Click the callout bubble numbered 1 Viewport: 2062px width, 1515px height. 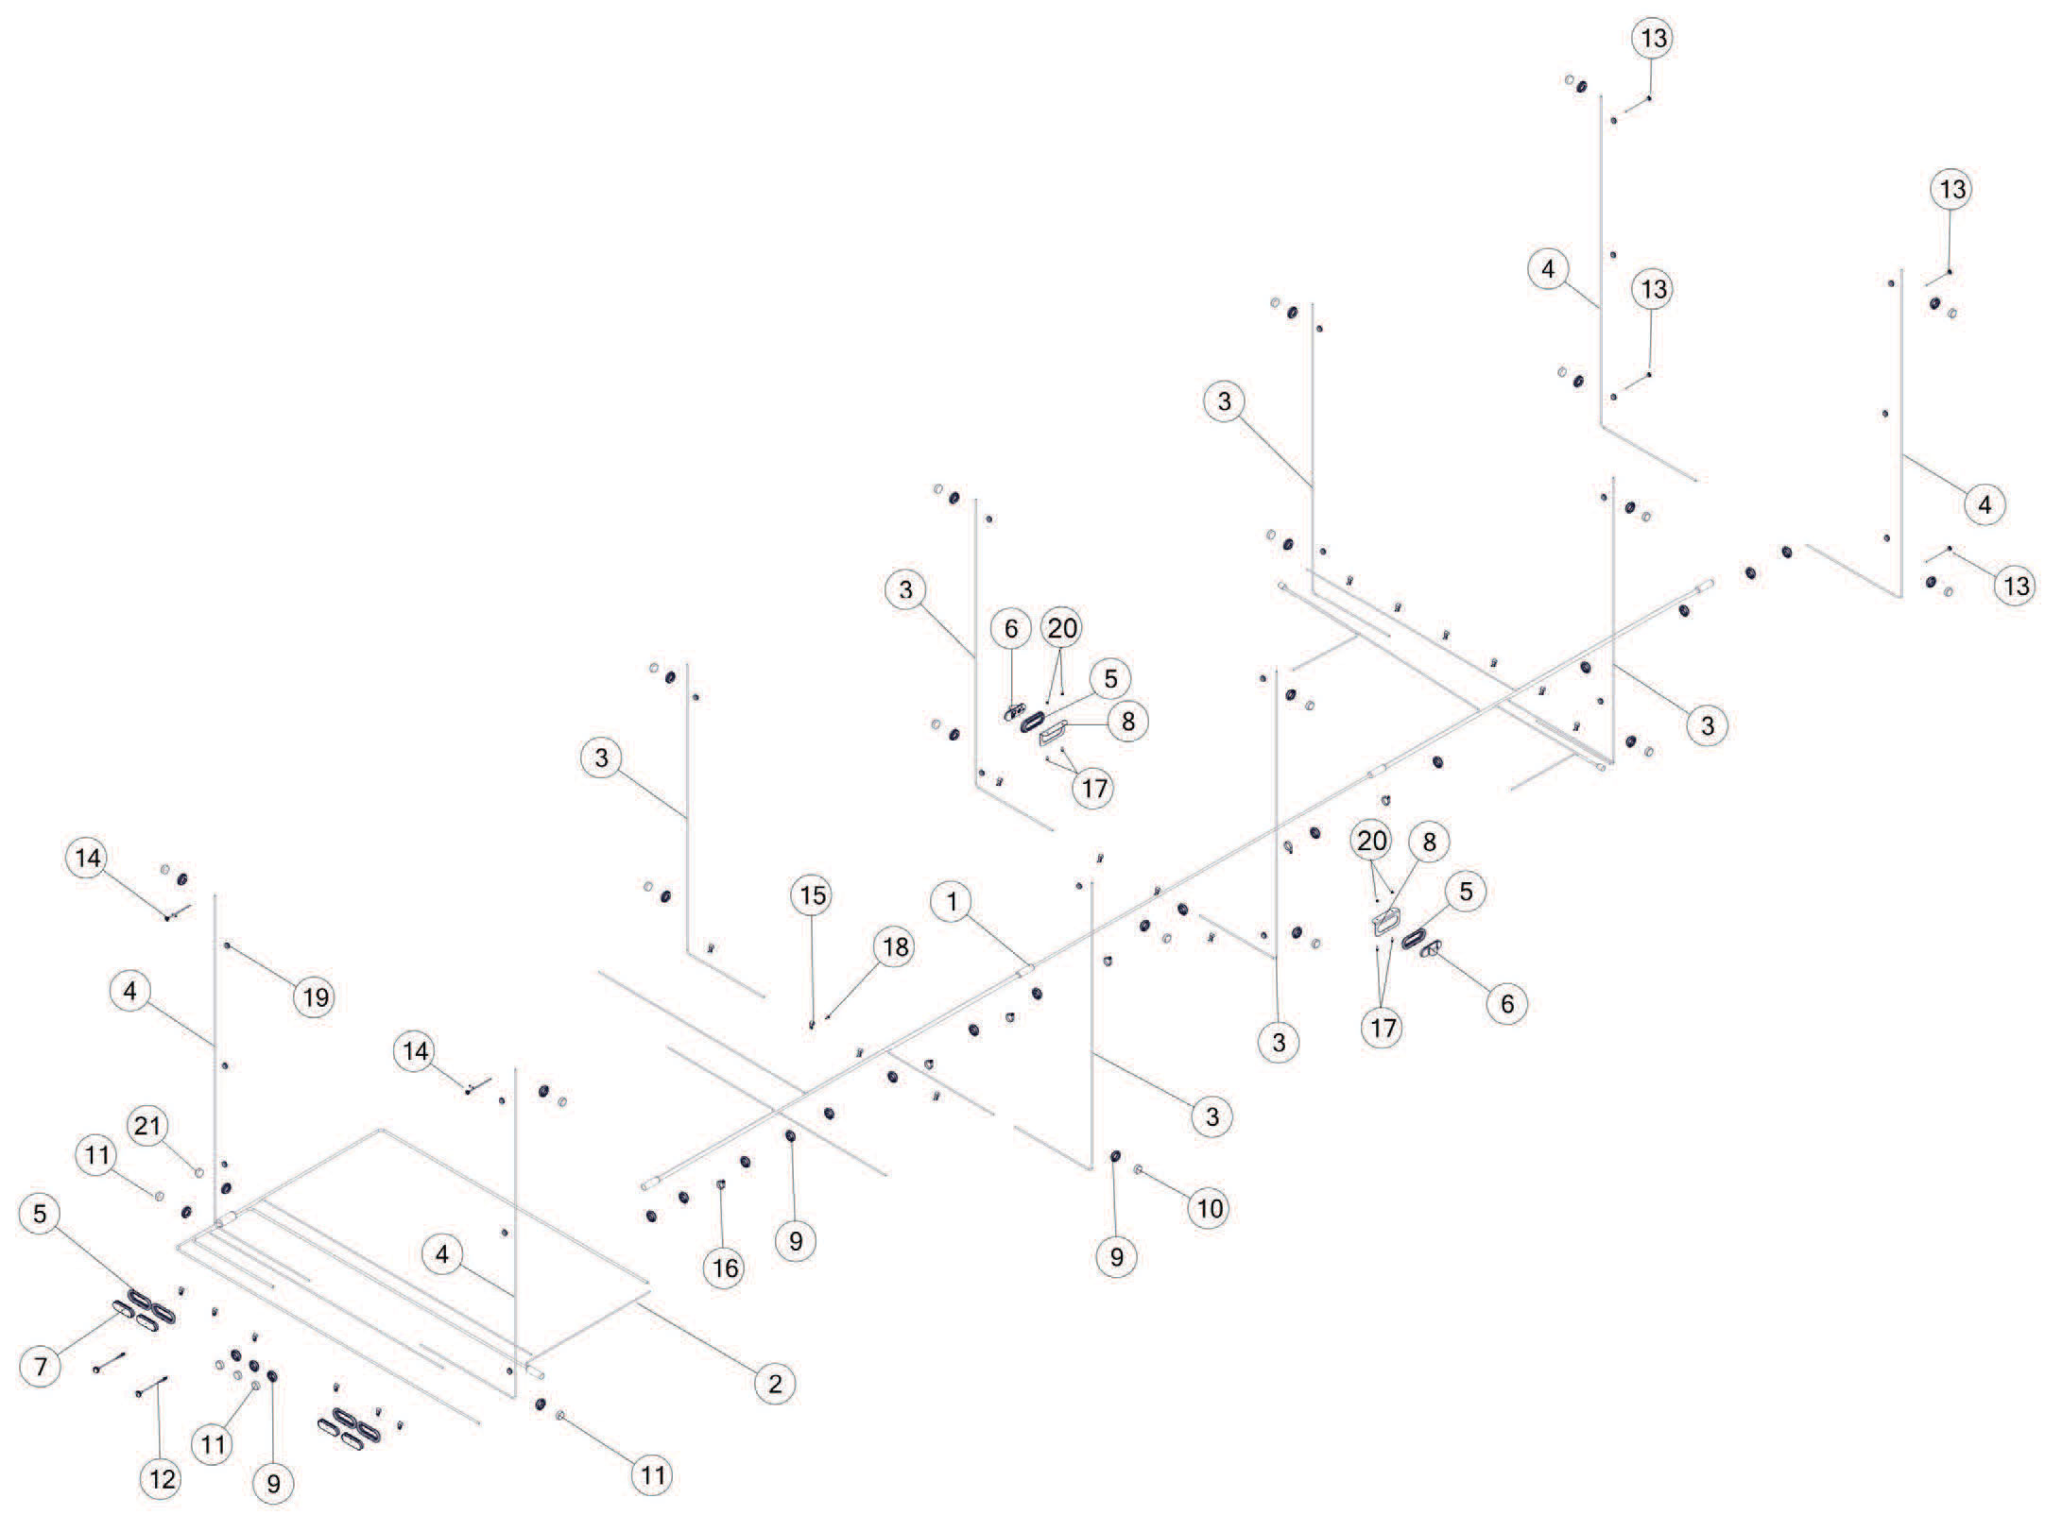(x=952, y=902)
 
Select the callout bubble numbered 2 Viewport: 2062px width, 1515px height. (x=775, y=1385)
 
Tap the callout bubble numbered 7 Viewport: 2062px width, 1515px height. (x=40, y=1366)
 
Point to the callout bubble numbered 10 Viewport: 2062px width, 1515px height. (x=1210, y=1208)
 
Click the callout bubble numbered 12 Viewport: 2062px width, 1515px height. (x=162, y=1479)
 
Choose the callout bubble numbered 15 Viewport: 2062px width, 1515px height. (x=813, y=894)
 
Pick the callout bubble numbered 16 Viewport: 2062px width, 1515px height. (x=725, y=1268)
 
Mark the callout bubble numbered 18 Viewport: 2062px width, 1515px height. (x=895, y=946)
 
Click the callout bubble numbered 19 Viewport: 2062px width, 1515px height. (x=316, y=997)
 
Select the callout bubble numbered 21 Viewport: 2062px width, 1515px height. (x=148, y=1126)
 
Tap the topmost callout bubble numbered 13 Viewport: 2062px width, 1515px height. (x=1654, y=39)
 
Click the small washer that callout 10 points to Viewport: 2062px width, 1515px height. (x=1138, y=1170)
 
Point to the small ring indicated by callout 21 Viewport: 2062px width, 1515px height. (x=199, y=1171)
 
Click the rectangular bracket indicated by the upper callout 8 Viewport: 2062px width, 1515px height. (x=1053, y=732)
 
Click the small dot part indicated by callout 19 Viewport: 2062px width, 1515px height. (x=228, y=945)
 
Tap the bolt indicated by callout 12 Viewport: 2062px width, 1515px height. (x=153, y=1387)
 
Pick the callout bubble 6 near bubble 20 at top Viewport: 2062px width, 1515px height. (x=1010, y=628)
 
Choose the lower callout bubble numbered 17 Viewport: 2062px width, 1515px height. (x=1383, y=1027)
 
